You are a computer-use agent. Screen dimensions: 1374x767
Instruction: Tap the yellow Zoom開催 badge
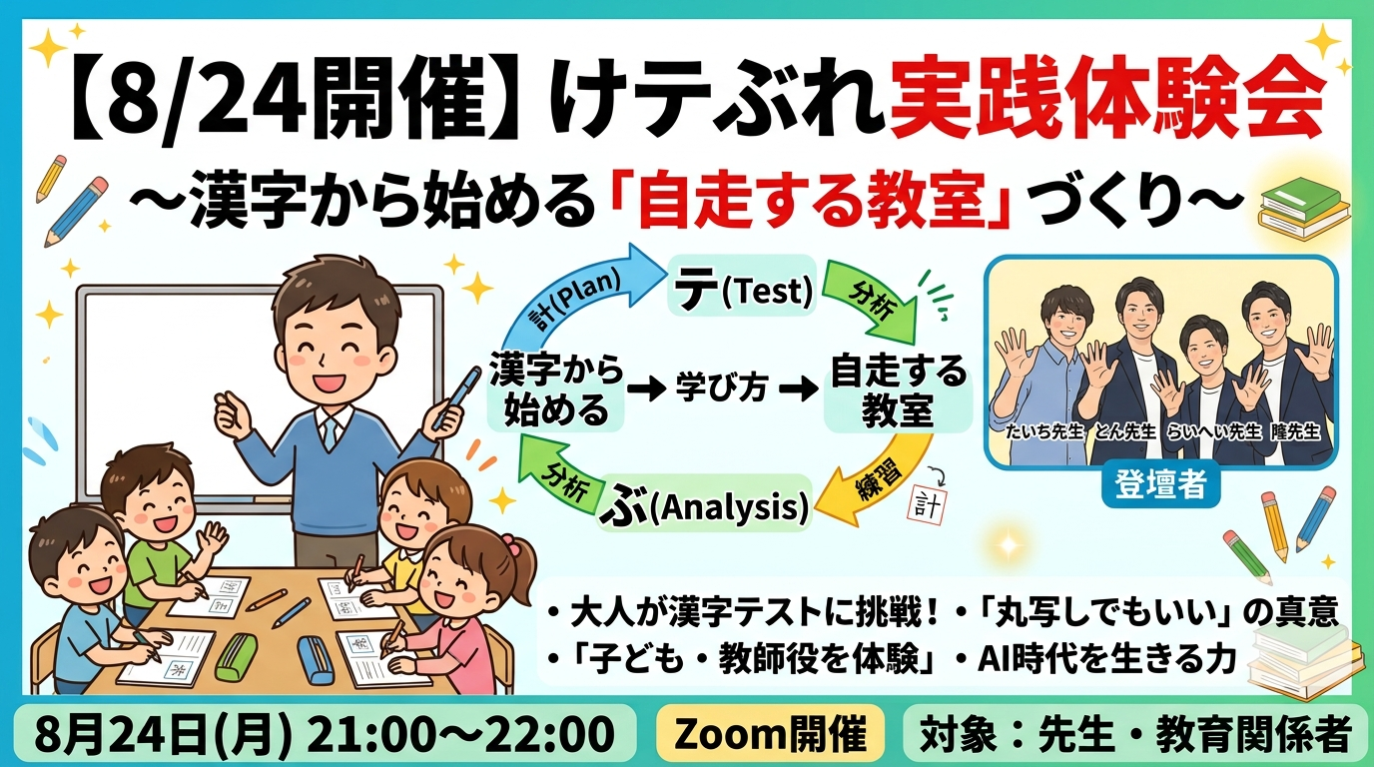(x=771, y=733)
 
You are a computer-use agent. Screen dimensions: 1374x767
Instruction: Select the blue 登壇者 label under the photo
(x=1160, y=484)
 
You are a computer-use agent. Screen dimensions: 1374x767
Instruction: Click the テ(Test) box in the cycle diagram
(x=743, y=286)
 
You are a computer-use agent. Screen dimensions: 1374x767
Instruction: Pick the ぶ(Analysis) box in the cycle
(x=704, y=505)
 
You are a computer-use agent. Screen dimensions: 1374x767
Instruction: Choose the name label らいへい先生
(x=1212, y=432)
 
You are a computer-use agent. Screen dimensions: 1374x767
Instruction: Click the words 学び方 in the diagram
(x=721, y=387)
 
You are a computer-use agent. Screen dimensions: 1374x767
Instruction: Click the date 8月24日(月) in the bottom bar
(x=162, y=733)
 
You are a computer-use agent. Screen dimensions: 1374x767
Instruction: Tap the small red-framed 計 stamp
(x=927, y=505)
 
